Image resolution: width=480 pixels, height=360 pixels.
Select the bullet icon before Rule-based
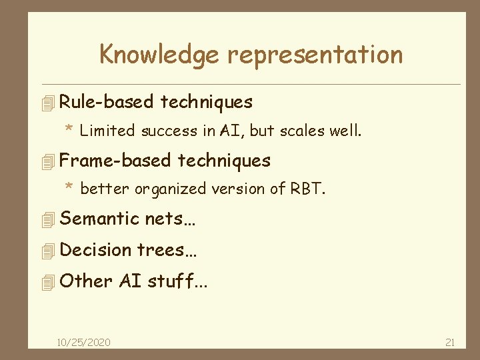[x=46, y=103]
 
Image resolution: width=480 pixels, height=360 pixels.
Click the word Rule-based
[x=107, y=102]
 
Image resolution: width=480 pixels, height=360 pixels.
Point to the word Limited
[x=107, y=131]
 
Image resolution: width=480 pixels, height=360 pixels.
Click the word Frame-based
[x=115, y=161]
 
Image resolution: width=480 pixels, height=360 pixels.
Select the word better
[x=105, y=189]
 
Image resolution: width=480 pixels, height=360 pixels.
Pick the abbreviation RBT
[x=306, y=189]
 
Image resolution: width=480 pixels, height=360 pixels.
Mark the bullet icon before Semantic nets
[x=46, y=220]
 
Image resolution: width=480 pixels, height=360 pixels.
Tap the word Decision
[x=96, y=250]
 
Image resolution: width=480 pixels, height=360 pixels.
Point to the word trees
[x=160, y=250]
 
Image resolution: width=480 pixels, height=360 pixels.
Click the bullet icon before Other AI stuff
[x=46, y=283]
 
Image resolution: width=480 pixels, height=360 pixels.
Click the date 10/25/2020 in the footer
[x=84, y=342]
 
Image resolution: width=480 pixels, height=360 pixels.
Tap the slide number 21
[x=449, y=342]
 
